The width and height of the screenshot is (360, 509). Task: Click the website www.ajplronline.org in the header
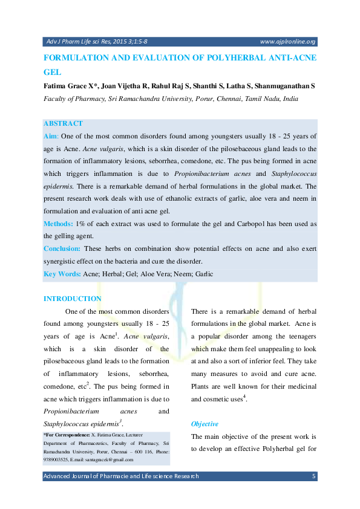(287, 42)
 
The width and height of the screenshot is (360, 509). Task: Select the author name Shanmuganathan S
(289, 86)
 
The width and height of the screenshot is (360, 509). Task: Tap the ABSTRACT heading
(63, 123)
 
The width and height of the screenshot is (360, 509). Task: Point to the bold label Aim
(51, 137)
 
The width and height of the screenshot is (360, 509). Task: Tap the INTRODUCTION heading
(73, 299)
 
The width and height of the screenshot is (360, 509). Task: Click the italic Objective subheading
(205, 424)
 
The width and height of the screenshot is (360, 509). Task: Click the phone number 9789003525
(56, 460)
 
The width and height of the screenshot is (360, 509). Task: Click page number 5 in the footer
(313, 476)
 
